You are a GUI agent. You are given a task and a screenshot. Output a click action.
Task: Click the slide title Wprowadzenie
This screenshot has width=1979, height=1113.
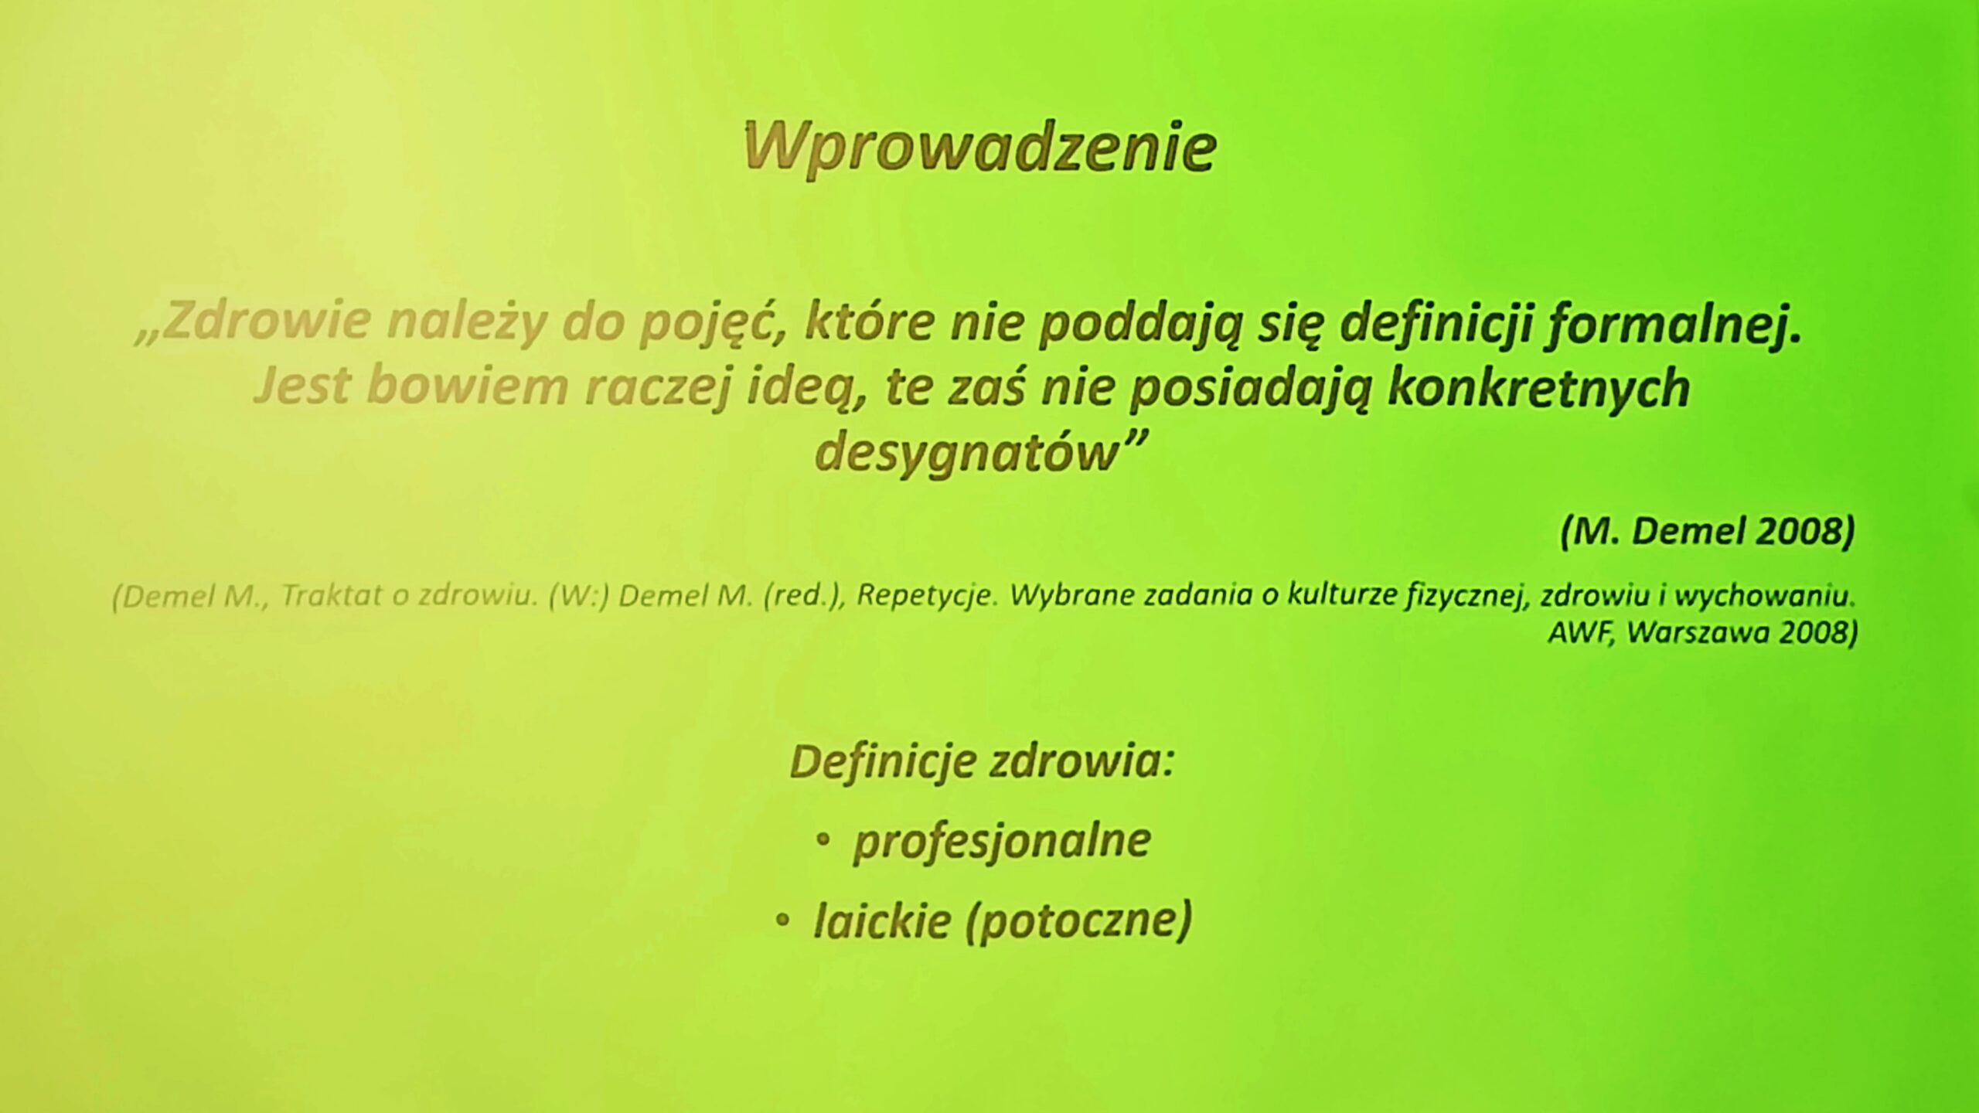(979, 148)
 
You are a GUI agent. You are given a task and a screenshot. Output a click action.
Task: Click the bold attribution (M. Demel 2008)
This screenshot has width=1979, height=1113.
(1708, 533)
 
